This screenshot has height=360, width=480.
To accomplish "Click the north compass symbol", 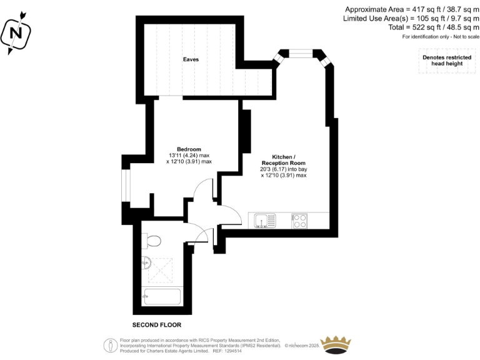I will pyautogui.click(x=17, y=31).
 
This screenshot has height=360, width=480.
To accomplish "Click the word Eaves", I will pyautogui.click(x=191, y=59).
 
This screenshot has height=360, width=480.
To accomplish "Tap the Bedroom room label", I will pyautogui.click(x=189, y=149).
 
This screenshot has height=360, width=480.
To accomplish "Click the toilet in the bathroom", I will pyautogui.click(x=151, y=241).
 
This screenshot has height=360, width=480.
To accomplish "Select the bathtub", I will pyautogui.click(x=162, y=297).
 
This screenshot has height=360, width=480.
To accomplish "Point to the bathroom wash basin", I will pyautogui.click(x=146, y=263).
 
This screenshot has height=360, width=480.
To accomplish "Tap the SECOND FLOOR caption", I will pyautogui.click(x=156, y=325).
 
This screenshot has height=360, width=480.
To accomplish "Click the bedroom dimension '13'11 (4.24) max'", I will pyautogui.click(x=189, y=155).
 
